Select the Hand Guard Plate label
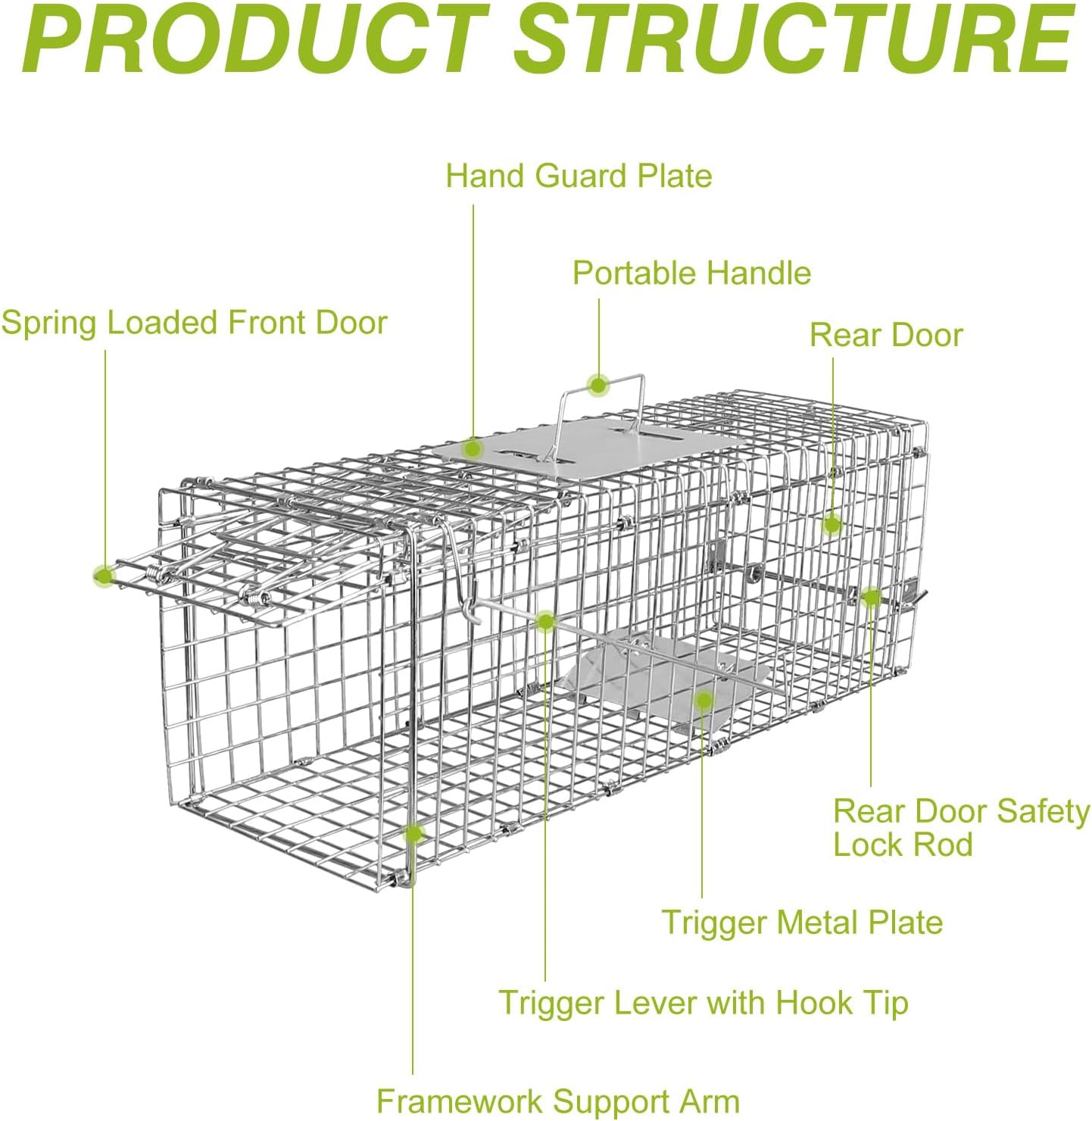coord(579,176)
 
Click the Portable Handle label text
coord(691,273)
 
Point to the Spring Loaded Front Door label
coord(194,323)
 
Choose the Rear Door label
coord(886,335)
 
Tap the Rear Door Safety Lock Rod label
coord(960,828)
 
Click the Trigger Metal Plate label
coord(802,923)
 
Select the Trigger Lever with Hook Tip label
coord(703,1003)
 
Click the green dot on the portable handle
coord(598,386)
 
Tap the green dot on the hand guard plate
coord(473,448)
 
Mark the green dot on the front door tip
coord(105,576)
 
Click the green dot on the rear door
coord(832,524)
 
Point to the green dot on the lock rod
coord(871,597)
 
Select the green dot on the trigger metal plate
coord(704,699)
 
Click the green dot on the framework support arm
coord(413,834)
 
